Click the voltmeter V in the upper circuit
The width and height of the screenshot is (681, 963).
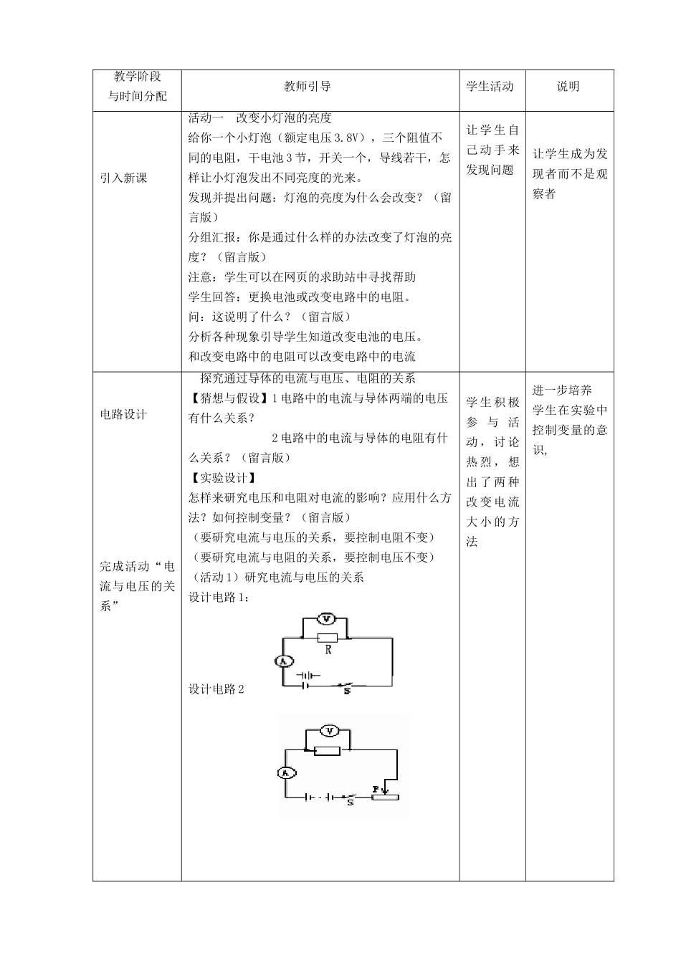326,618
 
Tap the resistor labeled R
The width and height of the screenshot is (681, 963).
327,638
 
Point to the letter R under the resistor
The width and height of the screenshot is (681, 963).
328,651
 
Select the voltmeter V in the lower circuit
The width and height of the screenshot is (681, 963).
329,731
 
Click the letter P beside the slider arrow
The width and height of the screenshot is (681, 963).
375,789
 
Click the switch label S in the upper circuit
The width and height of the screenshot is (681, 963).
347,692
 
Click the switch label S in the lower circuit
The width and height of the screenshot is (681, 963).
350,803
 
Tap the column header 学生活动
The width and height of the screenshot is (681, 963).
490,87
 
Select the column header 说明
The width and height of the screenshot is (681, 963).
568,87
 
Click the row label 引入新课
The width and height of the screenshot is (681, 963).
123,178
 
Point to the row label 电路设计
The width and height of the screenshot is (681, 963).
123,414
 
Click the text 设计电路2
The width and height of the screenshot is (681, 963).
216,689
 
